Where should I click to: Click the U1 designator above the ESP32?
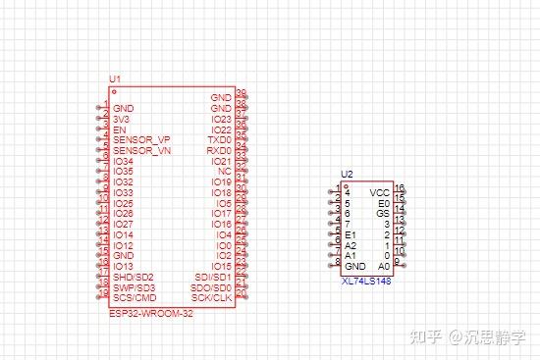tap(115, 77)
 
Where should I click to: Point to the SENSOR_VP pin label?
tap(141, 140)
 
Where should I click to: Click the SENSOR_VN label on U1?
tap(141, 151)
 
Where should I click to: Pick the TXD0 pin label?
tap(220, 140)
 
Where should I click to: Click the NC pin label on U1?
tap(225, 172)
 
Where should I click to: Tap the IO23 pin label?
tap(221, 119)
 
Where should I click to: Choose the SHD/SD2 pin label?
tap(134, 277)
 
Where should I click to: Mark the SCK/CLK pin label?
tap(212, 297)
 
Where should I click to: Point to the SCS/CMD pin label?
tap(135, 297)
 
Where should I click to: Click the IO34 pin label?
tap(123, 161)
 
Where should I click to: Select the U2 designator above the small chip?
tap(347, 174)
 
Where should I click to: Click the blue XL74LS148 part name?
tap(366, 282)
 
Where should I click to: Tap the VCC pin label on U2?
tap(380, 192)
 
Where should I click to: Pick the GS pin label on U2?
tap(383, 213)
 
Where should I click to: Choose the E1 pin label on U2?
tap(351, 235)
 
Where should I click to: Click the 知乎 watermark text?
tap(425, 336)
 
